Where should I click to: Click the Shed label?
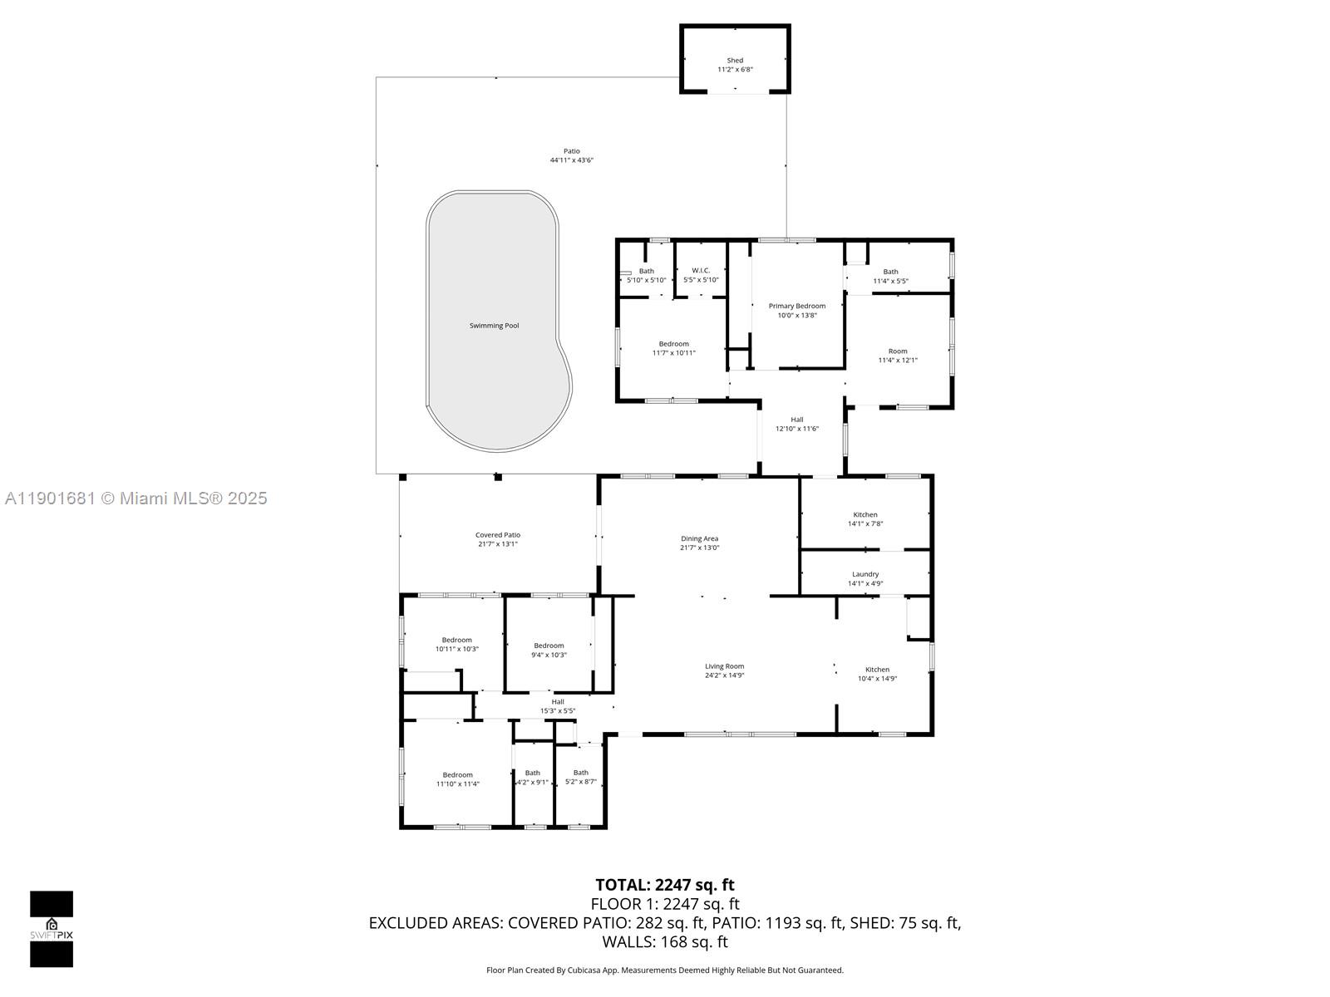pos(735,61)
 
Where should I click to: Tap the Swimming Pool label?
pos(494,326)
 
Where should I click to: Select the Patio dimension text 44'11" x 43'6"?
pos(571,160)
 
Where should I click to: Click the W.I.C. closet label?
pos(701,270)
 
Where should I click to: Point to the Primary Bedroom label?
pos(796,306)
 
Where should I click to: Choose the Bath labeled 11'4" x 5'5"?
pos(890,276)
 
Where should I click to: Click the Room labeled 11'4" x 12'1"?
pos(898,356)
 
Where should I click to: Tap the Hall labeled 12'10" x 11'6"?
pos(797,424)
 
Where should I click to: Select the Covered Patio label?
pos(498,535)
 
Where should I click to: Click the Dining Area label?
pos(699,538)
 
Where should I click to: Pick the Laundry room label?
pos(865,574)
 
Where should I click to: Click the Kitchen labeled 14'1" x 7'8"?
pos(865,518)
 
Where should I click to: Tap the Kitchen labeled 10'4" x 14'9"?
pos(877,674)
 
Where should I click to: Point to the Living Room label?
pos(724,666)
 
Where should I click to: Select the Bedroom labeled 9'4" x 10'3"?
pos(549,650)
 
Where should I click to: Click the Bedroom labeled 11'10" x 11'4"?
pos(457,779)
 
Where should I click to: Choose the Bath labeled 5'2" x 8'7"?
pos(580,777)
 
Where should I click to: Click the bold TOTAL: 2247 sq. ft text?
pos(664,885)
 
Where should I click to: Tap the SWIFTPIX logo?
pos(52,929)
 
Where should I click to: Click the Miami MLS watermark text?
pos(136,498)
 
